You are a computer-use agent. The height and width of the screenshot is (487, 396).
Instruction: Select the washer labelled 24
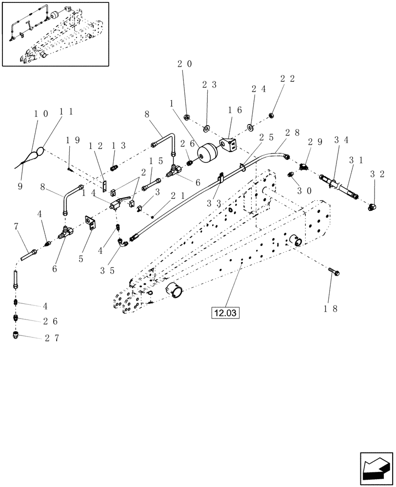tap(250, 128)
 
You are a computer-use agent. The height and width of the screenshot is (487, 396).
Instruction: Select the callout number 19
tap(72, 141)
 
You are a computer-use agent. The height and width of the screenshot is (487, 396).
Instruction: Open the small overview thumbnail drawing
tap(55, 34)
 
